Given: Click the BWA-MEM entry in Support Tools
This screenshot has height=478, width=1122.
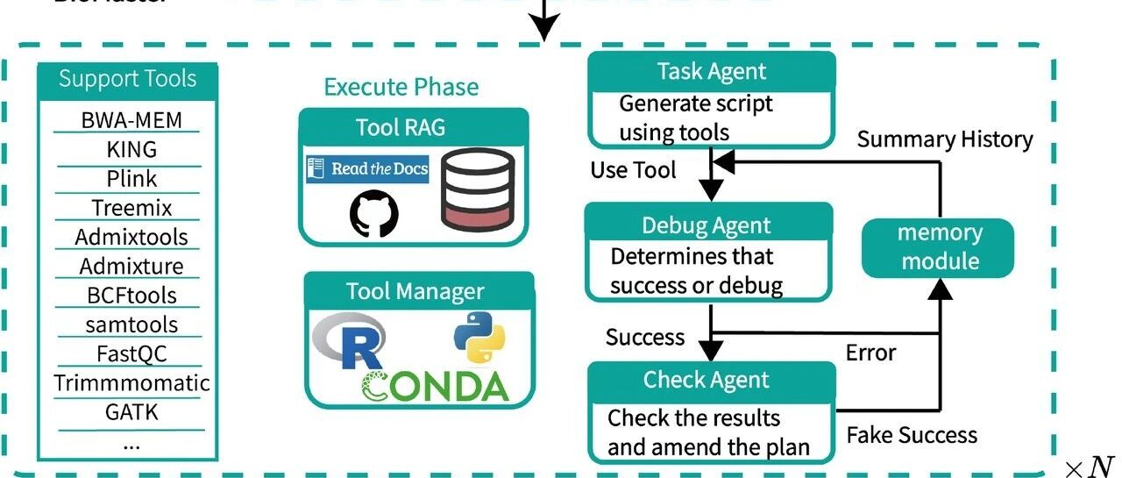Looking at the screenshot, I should coord(131,120).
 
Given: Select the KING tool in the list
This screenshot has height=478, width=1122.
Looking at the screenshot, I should coord(131,149).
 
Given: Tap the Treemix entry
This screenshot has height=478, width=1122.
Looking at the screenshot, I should coord(131,208).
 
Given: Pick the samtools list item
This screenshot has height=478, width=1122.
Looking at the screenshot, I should coord(131,325).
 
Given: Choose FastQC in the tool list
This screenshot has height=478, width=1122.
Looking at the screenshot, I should coord(131,353).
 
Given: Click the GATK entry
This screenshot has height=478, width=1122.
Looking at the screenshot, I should coord(131,411).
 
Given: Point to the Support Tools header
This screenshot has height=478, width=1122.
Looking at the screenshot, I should coord(127,79).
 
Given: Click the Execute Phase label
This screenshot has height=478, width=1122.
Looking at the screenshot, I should coord(401,87).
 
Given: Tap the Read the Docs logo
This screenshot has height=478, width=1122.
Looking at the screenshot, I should coord(367,168).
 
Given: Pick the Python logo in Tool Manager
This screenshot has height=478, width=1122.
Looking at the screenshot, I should coord(479,337).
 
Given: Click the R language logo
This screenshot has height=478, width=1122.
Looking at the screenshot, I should coord(350,342).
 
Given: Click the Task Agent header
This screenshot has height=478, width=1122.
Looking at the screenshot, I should coord(711,72).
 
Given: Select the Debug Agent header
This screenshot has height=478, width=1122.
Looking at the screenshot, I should coord(707,225).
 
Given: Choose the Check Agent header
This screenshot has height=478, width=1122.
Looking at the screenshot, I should coord(707,380).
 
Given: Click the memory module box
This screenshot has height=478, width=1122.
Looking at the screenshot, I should coord(939,246).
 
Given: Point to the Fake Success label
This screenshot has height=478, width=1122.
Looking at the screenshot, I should coord(912,435).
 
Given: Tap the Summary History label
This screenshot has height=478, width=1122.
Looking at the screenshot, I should coord(945,139).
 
